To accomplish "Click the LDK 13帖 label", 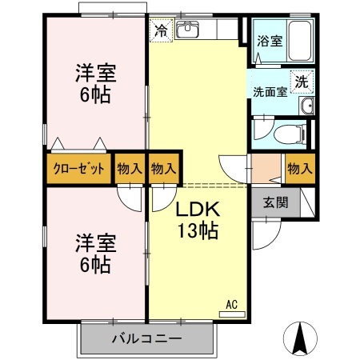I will (x=197, y=221).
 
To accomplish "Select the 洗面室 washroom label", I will (x=270, y=91).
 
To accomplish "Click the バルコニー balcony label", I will (x=146, y=339).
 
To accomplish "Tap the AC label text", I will (x=231, y=304).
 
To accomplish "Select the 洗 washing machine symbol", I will (x=302, y=81).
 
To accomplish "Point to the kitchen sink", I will (x=188, y=31).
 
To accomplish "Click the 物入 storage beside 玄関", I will (x=298, y=169).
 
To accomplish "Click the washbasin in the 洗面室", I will (x=305, y=107).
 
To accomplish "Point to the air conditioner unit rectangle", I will (x=232, y=314).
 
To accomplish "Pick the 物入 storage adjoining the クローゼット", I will (x=130, y=169).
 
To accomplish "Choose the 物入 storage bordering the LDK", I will (x=163, y=169).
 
